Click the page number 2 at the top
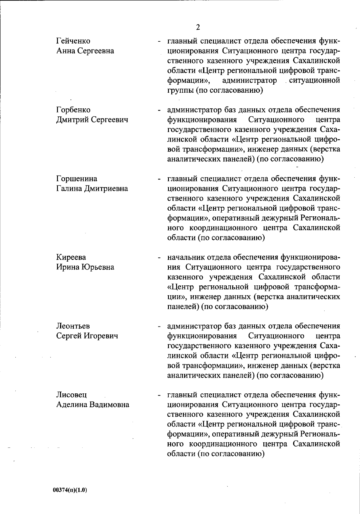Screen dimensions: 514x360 point(198,27)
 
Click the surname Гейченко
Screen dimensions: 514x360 point(73,41)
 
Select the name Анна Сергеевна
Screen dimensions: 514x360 point(85,51)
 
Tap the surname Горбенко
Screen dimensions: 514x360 point(73,110)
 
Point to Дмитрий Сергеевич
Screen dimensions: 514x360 point(92,120)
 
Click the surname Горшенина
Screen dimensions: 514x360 point(77,179)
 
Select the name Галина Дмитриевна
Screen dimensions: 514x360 point(92,188)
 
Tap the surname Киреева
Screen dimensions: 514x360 point(71,257)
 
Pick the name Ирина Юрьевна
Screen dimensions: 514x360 point(85,267)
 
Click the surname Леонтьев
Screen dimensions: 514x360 point(73,326)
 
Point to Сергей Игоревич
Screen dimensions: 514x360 point(87,336)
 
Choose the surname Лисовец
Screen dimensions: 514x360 point(72,395)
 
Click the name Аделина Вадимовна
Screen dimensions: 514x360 point(93,405)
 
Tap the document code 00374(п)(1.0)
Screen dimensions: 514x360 point(70,490)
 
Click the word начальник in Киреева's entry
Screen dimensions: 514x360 point(186,257)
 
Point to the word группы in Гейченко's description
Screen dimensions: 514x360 point(180,90)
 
